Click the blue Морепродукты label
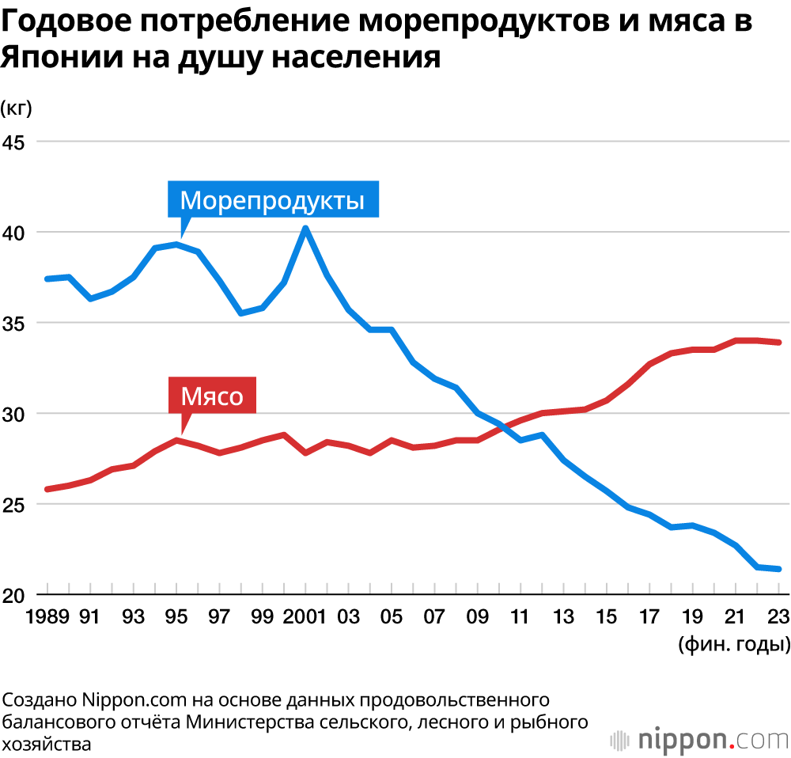pos(273,199)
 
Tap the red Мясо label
pos(212,396)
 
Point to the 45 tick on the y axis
pos(14,142)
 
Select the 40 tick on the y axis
pos(14,233)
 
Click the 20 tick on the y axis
pos(14,595)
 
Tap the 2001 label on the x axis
pos(304,616)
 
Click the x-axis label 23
pos(779,616)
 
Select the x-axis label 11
pos(520,616)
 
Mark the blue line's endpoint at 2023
pos(780,569)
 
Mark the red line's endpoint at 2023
pos(780,343)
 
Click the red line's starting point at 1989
pos(47,489)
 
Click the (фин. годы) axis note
pos(732,643)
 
